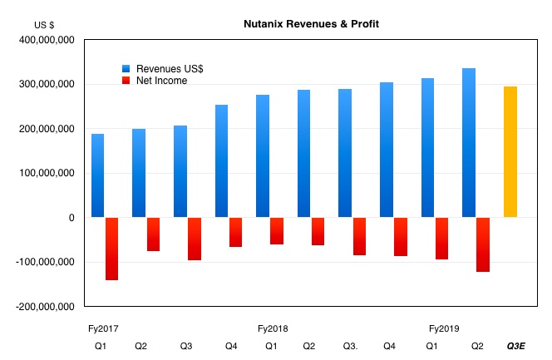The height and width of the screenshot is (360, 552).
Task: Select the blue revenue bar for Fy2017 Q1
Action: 98,175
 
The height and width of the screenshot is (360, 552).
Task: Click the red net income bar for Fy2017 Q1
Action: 111,249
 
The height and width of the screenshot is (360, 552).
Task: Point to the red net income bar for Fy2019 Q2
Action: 482,244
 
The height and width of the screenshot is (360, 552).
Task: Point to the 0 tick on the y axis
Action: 71,218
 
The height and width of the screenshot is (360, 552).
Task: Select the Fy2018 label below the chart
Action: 273,328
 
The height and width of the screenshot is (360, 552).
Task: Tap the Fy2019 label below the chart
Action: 443,328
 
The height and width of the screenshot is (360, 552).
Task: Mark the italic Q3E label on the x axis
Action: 516,346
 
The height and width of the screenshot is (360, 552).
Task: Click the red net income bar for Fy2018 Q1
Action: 277,231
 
